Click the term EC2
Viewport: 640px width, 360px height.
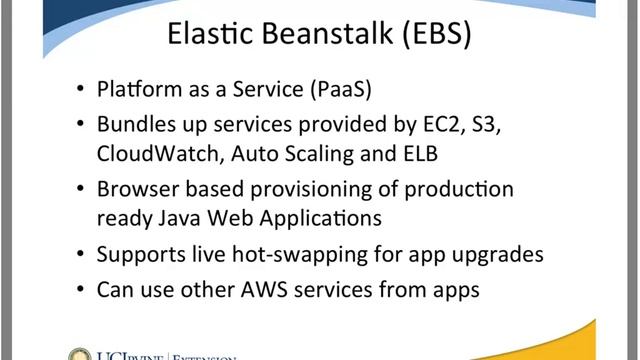(x=443, y=127)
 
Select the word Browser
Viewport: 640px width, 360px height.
(x=136, y=190)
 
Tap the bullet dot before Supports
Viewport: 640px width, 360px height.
(x=80, y=255)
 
